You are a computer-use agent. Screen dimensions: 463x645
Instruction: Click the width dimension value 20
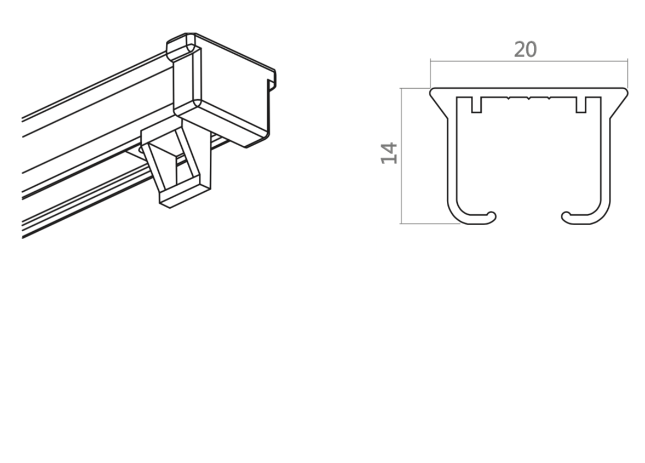tap(525, 50)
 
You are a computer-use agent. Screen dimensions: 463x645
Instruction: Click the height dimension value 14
tap(389, 153)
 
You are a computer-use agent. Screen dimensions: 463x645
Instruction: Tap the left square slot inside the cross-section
tap(476, 105)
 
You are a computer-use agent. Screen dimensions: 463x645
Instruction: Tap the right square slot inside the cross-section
tap(581, 105)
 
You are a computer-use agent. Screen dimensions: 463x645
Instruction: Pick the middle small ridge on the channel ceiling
tap(529, 99)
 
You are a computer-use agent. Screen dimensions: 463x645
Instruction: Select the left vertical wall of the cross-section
tap(452, 159)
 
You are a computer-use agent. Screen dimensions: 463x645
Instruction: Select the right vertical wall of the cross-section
tap(605, 159)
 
